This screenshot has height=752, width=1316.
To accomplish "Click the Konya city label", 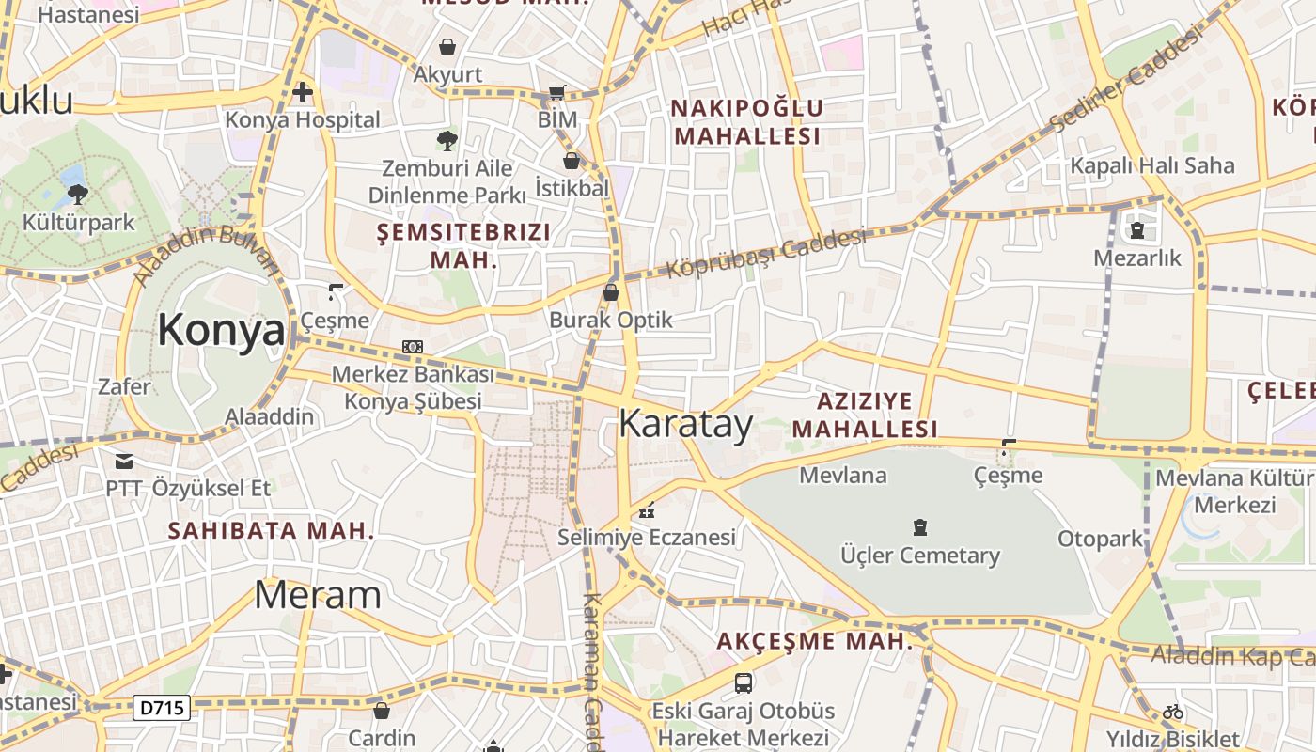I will pos(221,331).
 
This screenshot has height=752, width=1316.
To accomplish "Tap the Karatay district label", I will pos(685,424).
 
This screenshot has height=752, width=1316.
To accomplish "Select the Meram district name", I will pos(318,595).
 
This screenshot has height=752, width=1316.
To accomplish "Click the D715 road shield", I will pos(162,708).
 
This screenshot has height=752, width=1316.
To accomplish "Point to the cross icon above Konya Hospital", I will pos(302,92).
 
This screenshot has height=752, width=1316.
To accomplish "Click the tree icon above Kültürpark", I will pos(78,195).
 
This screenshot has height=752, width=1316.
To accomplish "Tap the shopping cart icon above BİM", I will pos(557,93).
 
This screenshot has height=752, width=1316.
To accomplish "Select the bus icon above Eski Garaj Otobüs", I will pos(743,682).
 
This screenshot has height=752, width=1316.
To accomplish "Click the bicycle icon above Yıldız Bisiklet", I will pos(1172,712).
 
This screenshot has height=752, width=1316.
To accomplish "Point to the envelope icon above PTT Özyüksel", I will pos(123,461).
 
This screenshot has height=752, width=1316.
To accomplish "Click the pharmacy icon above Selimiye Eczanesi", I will pos(646,510).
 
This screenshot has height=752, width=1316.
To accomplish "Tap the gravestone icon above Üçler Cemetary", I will pos(920,527).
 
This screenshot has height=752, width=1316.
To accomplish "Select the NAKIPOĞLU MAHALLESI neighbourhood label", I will pos(747,122).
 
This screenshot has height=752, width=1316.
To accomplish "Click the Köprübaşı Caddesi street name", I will pos(766,253).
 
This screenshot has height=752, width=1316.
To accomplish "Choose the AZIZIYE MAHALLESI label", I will pos(864,415).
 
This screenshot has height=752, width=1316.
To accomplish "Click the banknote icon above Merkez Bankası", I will pos(412,347).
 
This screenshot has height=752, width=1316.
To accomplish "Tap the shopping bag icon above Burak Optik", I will pos(611,292).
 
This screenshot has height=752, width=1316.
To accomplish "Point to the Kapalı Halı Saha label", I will pos(1152,165).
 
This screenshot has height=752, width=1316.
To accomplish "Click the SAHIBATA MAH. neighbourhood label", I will pos(271,530).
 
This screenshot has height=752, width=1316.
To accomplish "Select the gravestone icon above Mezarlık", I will pos(1137,229).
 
